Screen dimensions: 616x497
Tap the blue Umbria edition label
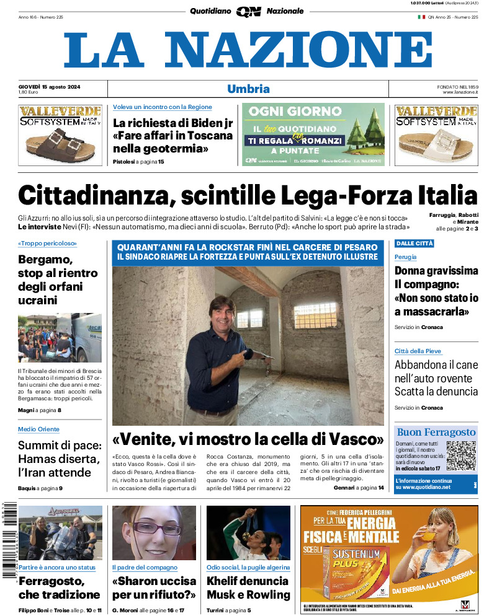(x=248, y=89)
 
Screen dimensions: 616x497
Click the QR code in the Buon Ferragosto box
(x=460, y=456)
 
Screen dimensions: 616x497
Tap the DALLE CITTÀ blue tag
(x=414, y=244)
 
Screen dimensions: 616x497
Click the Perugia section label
(x=406, y=257)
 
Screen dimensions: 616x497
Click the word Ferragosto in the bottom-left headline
(x=51, y=581)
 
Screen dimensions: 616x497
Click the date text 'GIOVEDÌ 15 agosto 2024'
(x=53, y=86)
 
